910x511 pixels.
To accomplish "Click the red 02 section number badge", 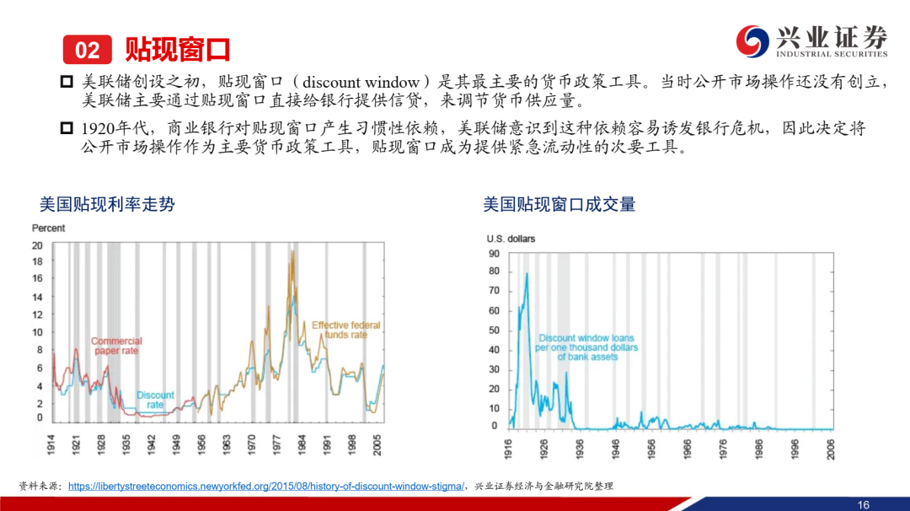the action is (87, 50).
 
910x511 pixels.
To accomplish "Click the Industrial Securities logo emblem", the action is (752, 41).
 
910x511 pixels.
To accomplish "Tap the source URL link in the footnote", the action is (266, 486).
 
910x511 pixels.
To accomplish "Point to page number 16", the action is (864, 504).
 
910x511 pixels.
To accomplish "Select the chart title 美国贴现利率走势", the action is (107, 204).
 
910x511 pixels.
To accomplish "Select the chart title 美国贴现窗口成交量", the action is (559, 204).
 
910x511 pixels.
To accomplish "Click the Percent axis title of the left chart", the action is (48, 229).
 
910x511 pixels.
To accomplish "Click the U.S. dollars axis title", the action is (511, 239).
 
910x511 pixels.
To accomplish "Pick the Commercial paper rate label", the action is (116, 346).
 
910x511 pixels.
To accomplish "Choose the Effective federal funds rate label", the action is (346, 330).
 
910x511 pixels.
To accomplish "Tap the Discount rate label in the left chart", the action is (155, 400).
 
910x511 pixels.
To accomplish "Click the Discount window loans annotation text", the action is (586, 347).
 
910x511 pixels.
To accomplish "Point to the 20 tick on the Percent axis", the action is (37, 245).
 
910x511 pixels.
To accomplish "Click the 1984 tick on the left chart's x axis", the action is (302, 444).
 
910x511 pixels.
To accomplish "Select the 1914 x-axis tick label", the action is (51, 444).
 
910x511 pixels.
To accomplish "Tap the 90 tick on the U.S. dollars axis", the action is (494, 254).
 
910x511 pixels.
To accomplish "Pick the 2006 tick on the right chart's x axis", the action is (831, 449).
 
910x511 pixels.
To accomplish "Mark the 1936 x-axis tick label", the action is (579, 449).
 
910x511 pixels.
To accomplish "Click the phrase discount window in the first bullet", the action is (361, 83).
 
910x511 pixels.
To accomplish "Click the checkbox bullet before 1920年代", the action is (67, 128).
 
